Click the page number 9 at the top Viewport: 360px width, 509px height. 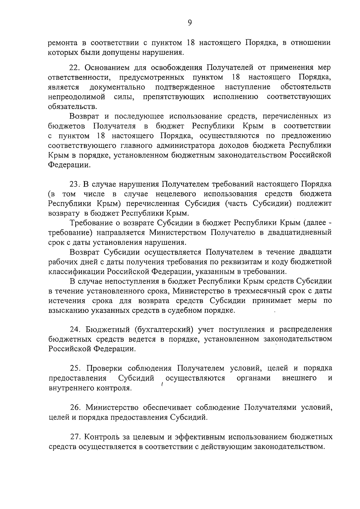pyautogui.click(x=189, y=23)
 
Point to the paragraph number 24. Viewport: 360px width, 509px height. pyautogui.click(x=75, y=330)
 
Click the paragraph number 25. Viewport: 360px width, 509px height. pyautogui.click(x=75, y=368)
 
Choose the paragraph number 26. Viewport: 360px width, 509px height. pyautogui.click(x=75, y=408)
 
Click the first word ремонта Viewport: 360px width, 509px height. pyautogui.click(x=65, y=43)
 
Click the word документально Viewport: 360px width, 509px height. pyautogui.click(x=118, y=87)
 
